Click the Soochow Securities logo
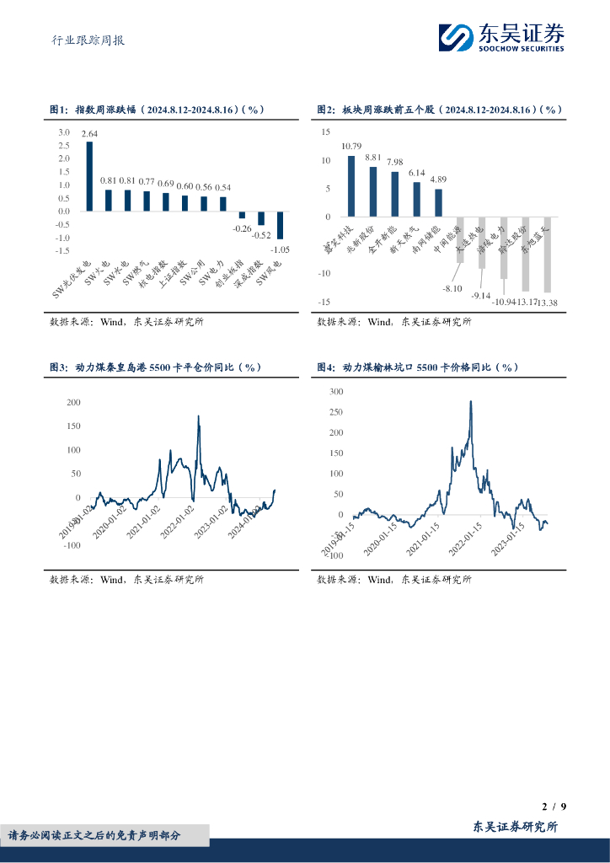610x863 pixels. pos(501,38)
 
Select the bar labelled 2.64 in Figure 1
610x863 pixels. pos(89,176)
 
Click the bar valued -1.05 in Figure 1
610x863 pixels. pos(280,225)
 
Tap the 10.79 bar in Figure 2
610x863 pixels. pos(351,186)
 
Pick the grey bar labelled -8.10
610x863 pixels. pos(460,239)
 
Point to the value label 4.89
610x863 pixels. pos(438,179)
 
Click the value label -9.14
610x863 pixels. pos(481,296)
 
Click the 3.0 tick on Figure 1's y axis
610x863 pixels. pos(64,132)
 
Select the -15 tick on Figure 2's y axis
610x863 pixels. pos(324,302)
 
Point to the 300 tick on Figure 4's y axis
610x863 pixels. pos(336,392)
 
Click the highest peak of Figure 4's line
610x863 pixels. pos(470,401)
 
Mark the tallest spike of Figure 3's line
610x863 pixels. pos(199,416)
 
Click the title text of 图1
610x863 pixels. pos(158,110)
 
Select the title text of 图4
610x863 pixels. pos(417,367)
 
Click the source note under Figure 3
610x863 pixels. pos(126,579)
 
